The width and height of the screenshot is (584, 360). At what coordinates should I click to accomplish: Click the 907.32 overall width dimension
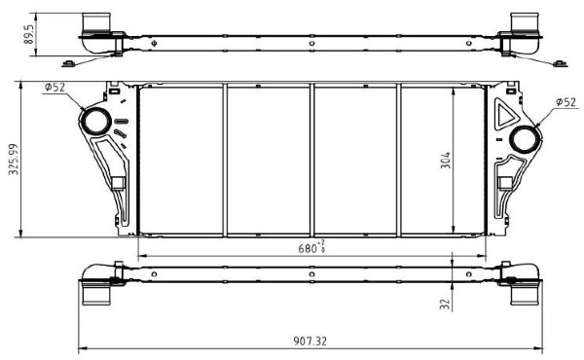coord(310,341)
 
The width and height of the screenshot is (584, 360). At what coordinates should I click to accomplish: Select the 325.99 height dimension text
coord(14,159)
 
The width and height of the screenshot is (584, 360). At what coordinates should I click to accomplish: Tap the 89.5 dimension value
coord(29,35)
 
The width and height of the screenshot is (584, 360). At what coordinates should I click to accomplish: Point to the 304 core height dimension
coord(446,161)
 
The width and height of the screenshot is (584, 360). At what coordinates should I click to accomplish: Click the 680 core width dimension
coord(311,247)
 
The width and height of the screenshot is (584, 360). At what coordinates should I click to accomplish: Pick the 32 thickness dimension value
coord(445,305)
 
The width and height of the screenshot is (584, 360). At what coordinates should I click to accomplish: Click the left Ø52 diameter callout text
coord(55,88)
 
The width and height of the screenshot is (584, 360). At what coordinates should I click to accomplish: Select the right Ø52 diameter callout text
coord(566,102)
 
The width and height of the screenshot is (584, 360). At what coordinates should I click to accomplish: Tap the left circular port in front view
coord(96,121)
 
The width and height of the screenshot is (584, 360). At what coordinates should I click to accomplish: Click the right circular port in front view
coord(525,139)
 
